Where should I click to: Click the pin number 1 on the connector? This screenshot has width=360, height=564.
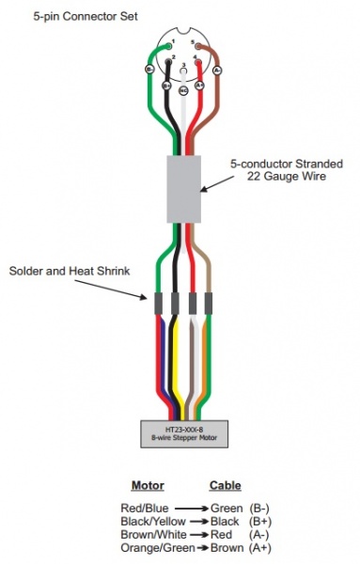(169, 43)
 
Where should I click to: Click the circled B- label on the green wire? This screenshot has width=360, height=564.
(149, 70)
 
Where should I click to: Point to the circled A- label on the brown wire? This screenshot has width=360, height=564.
(217, 70)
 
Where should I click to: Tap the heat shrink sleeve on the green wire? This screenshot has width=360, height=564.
(158, 305)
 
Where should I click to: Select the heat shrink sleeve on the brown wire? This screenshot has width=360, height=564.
(210, 305)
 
